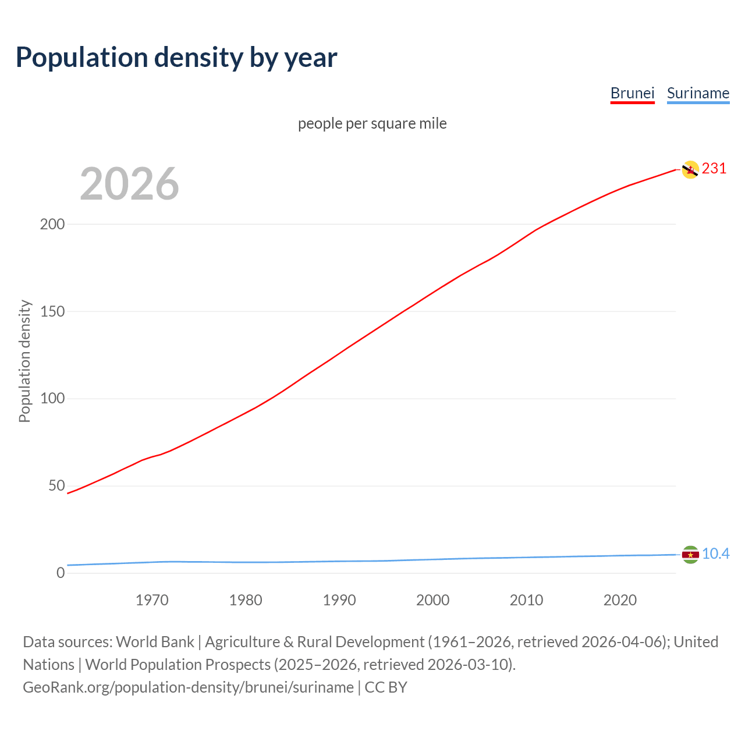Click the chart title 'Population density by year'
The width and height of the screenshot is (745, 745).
176,57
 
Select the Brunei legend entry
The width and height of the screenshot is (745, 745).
632,93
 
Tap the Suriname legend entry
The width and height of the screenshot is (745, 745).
698,93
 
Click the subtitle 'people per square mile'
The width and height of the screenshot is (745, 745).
372,123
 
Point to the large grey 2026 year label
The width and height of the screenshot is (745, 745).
129,184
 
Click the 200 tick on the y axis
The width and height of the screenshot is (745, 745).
52,224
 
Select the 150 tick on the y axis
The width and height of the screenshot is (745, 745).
52,311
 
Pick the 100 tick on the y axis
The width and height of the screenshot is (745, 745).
52,399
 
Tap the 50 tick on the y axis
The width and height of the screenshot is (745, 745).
56,486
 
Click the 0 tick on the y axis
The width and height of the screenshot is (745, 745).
61,573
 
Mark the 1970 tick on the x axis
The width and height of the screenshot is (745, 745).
152,600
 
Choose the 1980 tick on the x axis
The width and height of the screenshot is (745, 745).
246,600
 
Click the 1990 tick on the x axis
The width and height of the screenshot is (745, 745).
339,600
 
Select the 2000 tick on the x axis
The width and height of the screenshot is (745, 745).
432,600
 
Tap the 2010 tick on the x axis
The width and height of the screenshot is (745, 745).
526,600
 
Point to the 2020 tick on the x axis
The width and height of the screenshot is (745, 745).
620,600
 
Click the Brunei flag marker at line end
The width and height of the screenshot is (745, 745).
690,169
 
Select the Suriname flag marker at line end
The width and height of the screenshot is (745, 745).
690,555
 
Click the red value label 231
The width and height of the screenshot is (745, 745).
714,169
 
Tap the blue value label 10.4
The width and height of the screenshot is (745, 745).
715,554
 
